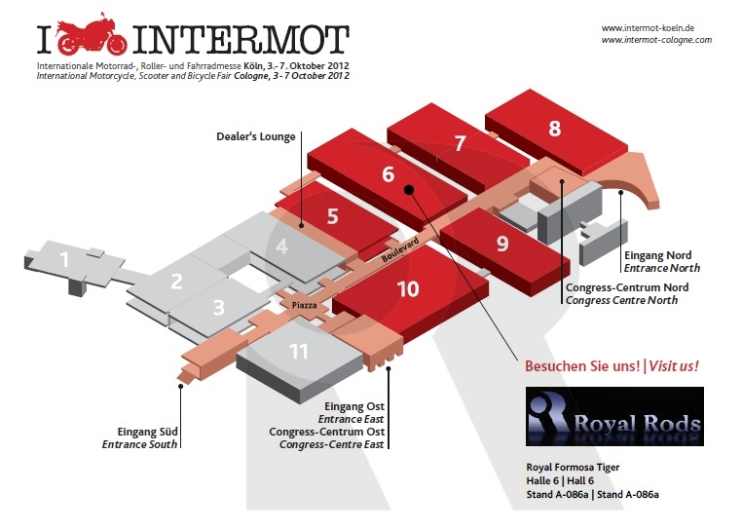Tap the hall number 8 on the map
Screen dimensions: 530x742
tap(554, 128)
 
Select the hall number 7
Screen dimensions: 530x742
tap(461, 143)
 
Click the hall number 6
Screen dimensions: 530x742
tap(388, 174)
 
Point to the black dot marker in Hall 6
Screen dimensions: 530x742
tap(409, 190)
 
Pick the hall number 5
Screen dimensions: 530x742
tap(332, 215)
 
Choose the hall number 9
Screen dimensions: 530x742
tap(502, 244)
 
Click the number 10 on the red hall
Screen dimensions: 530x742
tap(408, 288)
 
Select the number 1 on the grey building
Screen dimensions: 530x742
tap(64, 259)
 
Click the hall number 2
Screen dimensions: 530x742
tap(176, 283)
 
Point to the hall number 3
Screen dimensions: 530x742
tap(218, 308)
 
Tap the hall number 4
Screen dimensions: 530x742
tap(281, 246)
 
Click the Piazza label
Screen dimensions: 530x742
tap(303, 305)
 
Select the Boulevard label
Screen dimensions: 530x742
tap(397, 247)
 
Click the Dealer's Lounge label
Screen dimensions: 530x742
tap(255, 136)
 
